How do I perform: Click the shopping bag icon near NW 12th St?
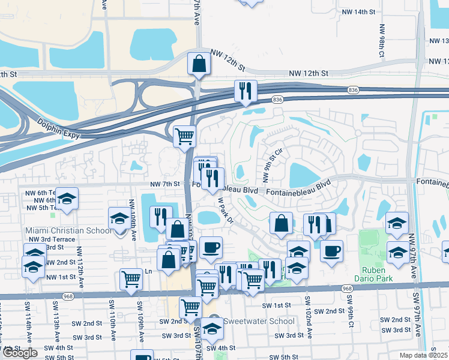point(199,64)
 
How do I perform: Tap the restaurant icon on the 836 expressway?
point(245,91)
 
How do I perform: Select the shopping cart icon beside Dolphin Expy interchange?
point(184,136)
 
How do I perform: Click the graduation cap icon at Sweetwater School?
point(211,328)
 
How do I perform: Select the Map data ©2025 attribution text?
point(424,355)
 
